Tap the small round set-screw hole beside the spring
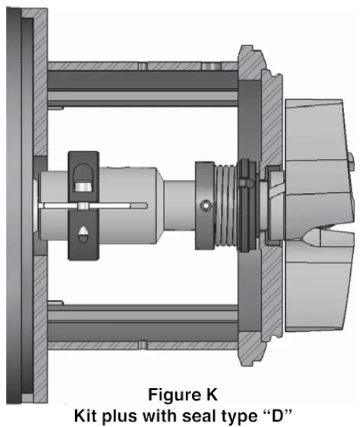pyautogui.click(x=203, y=205)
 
